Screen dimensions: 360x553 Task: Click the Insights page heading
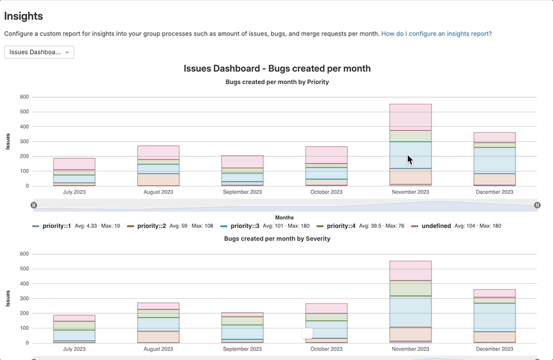(24, 16)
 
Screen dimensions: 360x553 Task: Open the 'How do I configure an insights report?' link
(436, 34)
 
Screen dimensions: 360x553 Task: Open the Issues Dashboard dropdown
(39, 52)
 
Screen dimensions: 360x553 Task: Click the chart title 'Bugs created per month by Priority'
(276, 82)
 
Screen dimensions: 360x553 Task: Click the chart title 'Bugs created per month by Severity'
(276, 238)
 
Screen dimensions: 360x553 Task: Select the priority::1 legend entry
(60, 226)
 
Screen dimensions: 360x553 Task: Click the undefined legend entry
(436, 226)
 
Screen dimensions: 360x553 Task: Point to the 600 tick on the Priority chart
(24, 97)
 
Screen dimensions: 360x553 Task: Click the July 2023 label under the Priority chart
(74, 192)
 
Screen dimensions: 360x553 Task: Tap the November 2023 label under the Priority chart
(410, 192)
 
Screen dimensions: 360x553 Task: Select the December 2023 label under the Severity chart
(495, 349)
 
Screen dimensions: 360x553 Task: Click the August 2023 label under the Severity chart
(158, 349)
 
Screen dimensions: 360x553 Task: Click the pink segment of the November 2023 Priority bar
(410, 117)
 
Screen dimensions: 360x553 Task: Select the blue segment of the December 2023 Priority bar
(495, 160)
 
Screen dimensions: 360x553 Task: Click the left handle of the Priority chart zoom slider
(33, 205)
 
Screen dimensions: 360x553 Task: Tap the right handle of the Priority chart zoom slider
(537, 205)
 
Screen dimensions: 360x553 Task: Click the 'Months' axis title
(284, 217)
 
